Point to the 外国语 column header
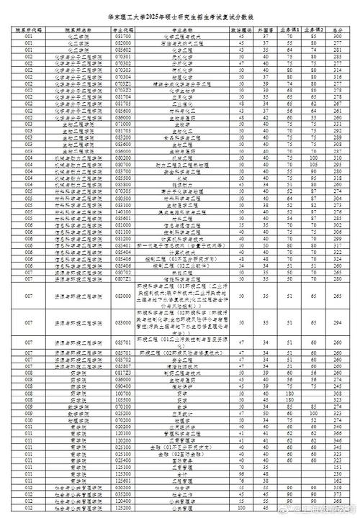pyautogui.click(x=266, y=29)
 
